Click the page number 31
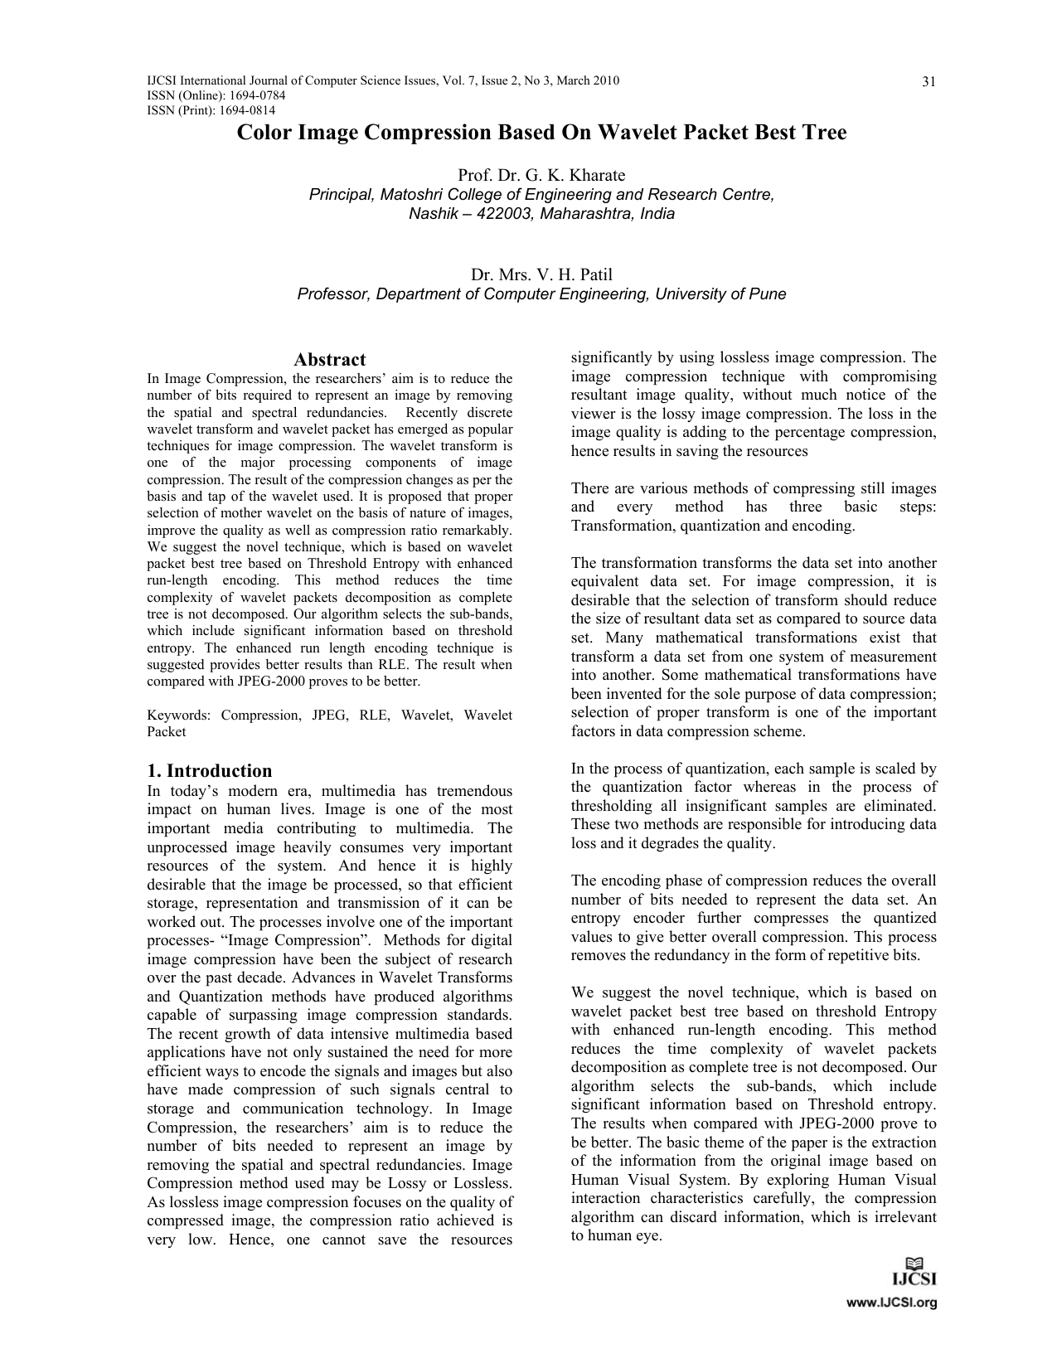click(929, 81)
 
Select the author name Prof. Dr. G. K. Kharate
click(541, 175)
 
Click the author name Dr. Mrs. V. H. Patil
click(541, 274)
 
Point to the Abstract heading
click(329, 360)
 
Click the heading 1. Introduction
click(209, 770)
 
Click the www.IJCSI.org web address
click(890, 1303)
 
